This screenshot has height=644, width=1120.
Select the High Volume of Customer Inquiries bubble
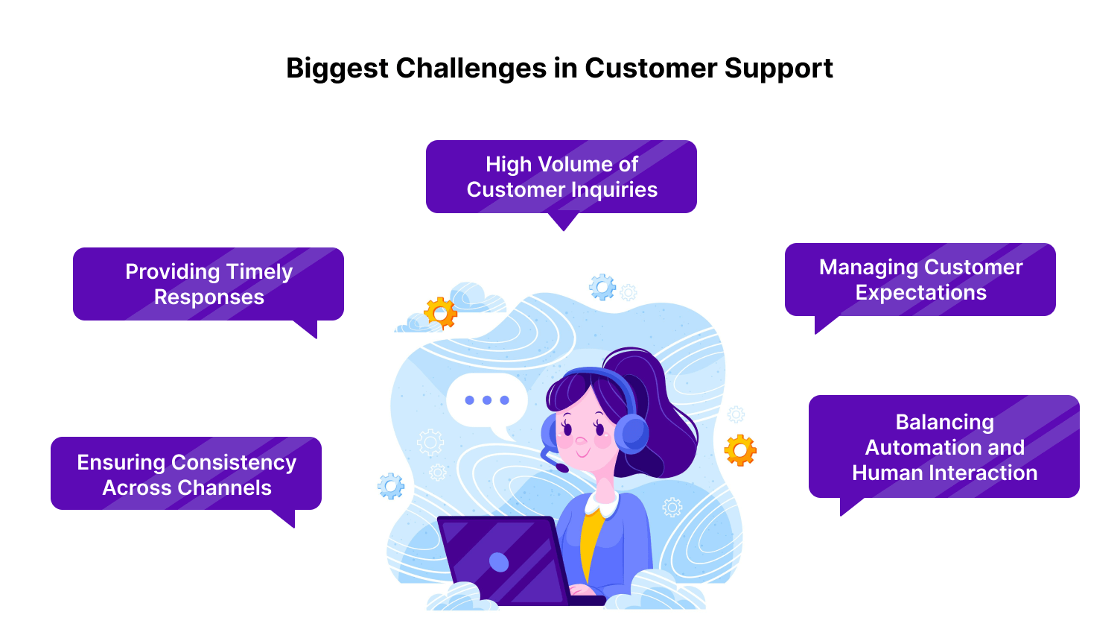(x=561, y=177)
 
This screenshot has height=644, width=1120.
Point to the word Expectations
(x=920, y=293)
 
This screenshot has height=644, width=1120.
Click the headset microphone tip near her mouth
(x=562, y=467)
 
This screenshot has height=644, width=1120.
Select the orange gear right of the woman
(x=740, y=450)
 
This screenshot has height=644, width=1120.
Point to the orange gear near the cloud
(x=440, y=313)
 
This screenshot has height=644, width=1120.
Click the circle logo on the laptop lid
(x=499, y=562)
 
